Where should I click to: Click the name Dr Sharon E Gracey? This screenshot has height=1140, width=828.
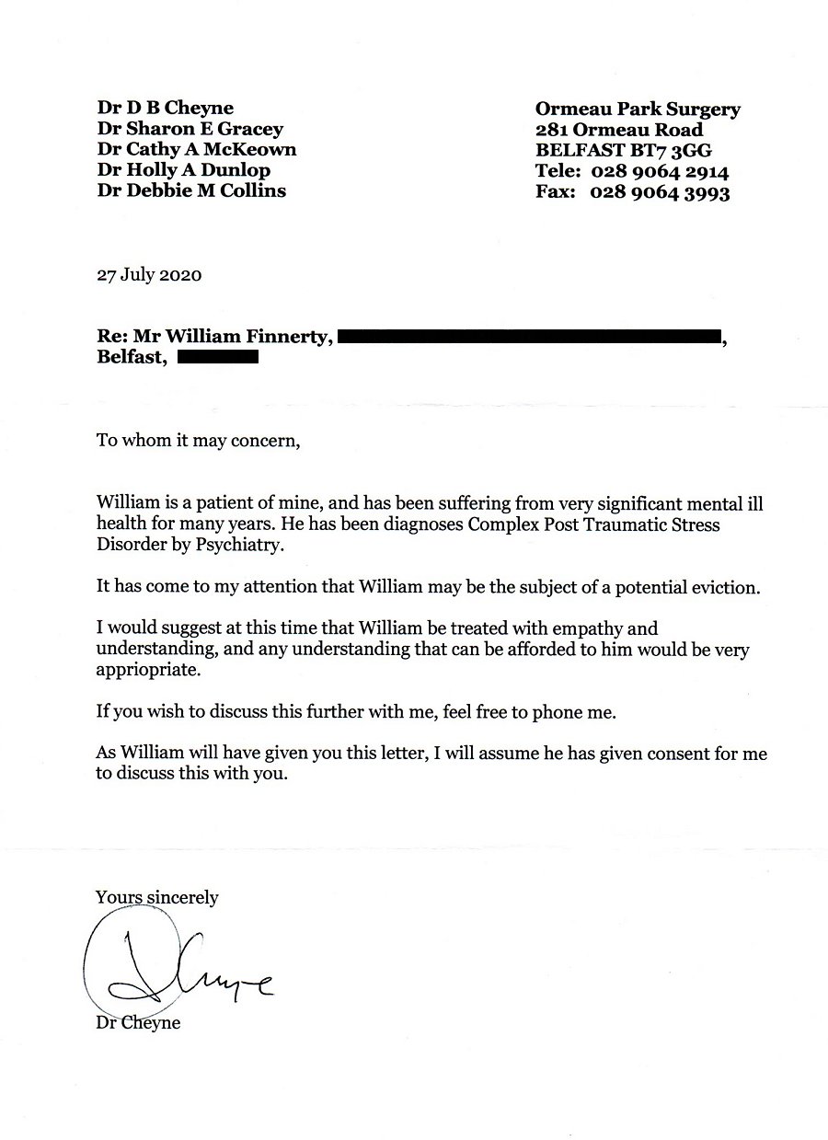190,129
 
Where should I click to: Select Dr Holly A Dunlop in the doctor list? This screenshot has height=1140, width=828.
184,170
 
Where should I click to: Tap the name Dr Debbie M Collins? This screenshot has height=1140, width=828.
191,190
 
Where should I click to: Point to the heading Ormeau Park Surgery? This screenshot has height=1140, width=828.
638,109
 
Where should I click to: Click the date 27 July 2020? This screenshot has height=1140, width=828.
149,275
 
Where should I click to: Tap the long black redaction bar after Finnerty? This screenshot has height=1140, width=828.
528,338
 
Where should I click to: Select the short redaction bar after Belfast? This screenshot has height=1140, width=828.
217,358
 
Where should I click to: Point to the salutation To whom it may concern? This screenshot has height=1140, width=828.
199,440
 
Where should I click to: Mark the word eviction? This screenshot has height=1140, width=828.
727,587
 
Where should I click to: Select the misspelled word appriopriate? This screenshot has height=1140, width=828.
147,671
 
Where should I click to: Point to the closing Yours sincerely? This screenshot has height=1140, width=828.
157,896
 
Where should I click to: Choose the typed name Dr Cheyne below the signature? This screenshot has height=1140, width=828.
138,1023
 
